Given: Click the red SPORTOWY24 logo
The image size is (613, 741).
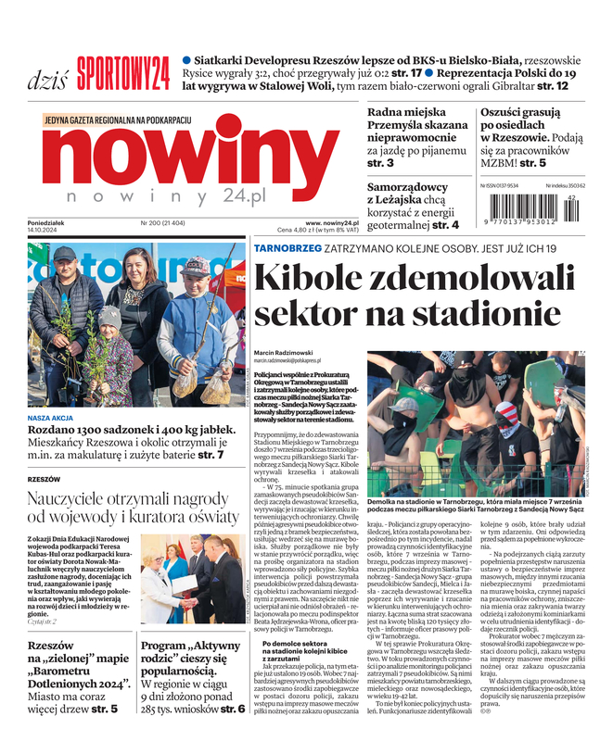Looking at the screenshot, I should [x=123, y=69].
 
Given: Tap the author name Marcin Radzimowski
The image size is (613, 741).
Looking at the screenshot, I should [x=285, y=352].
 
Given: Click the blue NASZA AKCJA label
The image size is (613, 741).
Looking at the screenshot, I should [x=54, y=418].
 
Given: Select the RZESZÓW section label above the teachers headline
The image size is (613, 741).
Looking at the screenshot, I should [x=44, y=479].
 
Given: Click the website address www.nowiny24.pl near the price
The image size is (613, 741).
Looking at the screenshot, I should [x=332, y=222].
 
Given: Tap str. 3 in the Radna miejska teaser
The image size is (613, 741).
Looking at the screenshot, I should [x=380, y=163].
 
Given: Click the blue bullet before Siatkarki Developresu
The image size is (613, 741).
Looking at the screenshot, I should [x=186, y=57].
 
